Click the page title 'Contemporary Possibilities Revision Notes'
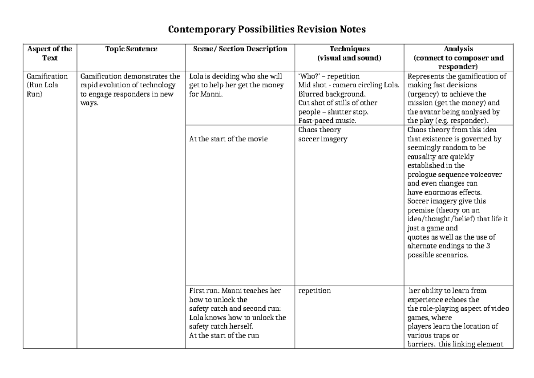(x=267, y=30)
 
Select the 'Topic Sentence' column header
(x=131, y=49)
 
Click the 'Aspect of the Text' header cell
(x=50, y=53)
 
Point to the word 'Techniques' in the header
(x=349, y=49)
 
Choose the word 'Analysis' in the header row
(x=458, y=49)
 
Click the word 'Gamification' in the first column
(x=47, y=76)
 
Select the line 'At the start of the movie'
(x=228, y=139)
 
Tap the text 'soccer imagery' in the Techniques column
(x=323, y=139)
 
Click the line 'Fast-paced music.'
(x=327, y=121)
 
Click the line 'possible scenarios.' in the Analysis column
(x=438, y=256)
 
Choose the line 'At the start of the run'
(x=224, y=336)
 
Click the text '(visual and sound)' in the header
(x=349, y=58)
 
